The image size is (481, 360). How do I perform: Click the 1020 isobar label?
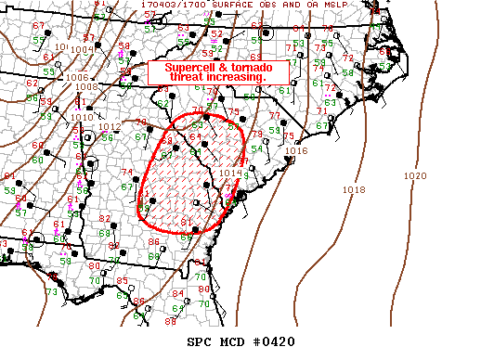pos(416,175)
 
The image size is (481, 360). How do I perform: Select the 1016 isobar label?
pos(296,150)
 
